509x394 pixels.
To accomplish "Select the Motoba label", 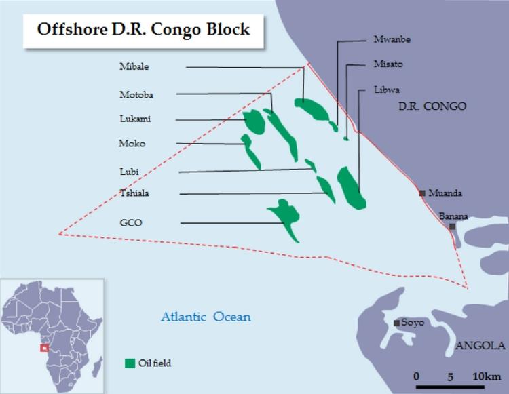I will [x=136, y=94].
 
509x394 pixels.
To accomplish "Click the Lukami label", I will [x=135, y=119].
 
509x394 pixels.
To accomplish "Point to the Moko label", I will [x=132, y=144].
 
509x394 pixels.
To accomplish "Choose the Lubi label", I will [x=129, y=172].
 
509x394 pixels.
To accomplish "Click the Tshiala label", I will [x=134, y=194].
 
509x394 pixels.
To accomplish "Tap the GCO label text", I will [x=130, y=222].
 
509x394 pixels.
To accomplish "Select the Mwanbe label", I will [x=392, y=39].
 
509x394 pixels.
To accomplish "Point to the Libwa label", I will [x=387, y=89].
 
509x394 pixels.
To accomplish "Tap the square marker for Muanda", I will [x=423, y=193].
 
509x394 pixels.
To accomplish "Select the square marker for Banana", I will [x=453, y=226].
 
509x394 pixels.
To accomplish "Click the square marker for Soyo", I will [x=396, y=323].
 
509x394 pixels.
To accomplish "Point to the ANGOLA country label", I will [x=481, y=346].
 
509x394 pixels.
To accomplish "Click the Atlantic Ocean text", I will [x=206, y=317].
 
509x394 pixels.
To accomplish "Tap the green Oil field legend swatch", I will [x=130, y=363].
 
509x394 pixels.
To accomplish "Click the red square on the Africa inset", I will [x=44, y=348].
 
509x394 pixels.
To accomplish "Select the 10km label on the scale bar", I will [x=487, y=376].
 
